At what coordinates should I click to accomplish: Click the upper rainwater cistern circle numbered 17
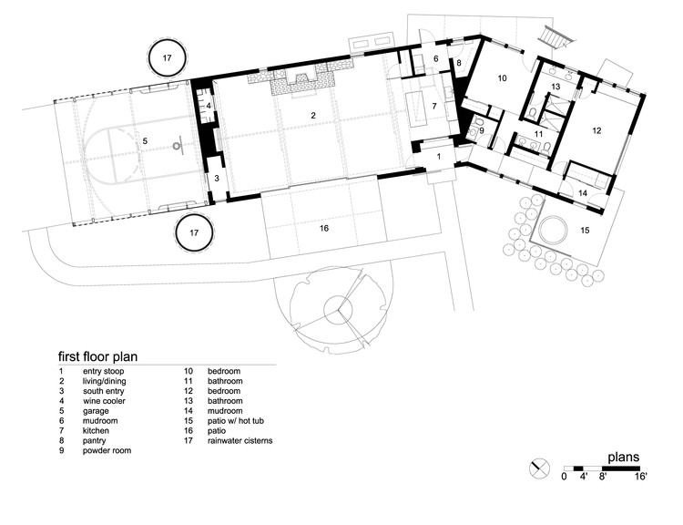pyautogui.click(x=168, y=40)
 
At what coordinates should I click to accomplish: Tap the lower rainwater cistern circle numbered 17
pyautogui.click(x=194, y=214)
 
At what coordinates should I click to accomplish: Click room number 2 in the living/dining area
pyautogui.click(x=313, y=116)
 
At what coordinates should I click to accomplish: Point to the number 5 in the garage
pyautogui.click(x=145, y=141)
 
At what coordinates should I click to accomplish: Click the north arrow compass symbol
pyautogui.click(x=539, y=468)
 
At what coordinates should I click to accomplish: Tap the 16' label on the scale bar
pyautogui.click(x=641, y=476)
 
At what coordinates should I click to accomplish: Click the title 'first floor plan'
pyautogui.click(x=98, y=356)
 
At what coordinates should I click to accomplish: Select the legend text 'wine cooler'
pyautogui.click(x=104, y=401)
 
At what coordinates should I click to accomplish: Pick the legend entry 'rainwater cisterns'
pyautogui.click(x=240, y=440)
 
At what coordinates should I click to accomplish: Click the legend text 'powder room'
pyautogui.click(x=107, y=450)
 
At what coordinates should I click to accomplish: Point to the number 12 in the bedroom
pyautogui.click(x=596, y=130)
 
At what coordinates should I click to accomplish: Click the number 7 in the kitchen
pyautogui.click(x=434, y=106)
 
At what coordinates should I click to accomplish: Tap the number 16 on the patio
pyautogui.click(x=323, y=228)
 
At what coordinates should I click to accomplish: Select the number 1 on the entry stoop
pyautogui.click(x=439, y=156)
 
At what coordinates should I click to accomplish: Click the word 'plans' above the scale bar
pyautogui.click(x=624, y=457)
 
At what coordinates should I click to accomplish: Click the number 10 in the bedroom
pyautogui.click(x=502, y=78)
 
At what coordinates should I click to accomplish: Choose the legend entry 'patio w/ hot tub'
pyautogui.click(x=236, y=421)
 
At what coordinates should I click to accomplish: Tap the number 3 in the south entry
pyautogui.click(x=217, y=179)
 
